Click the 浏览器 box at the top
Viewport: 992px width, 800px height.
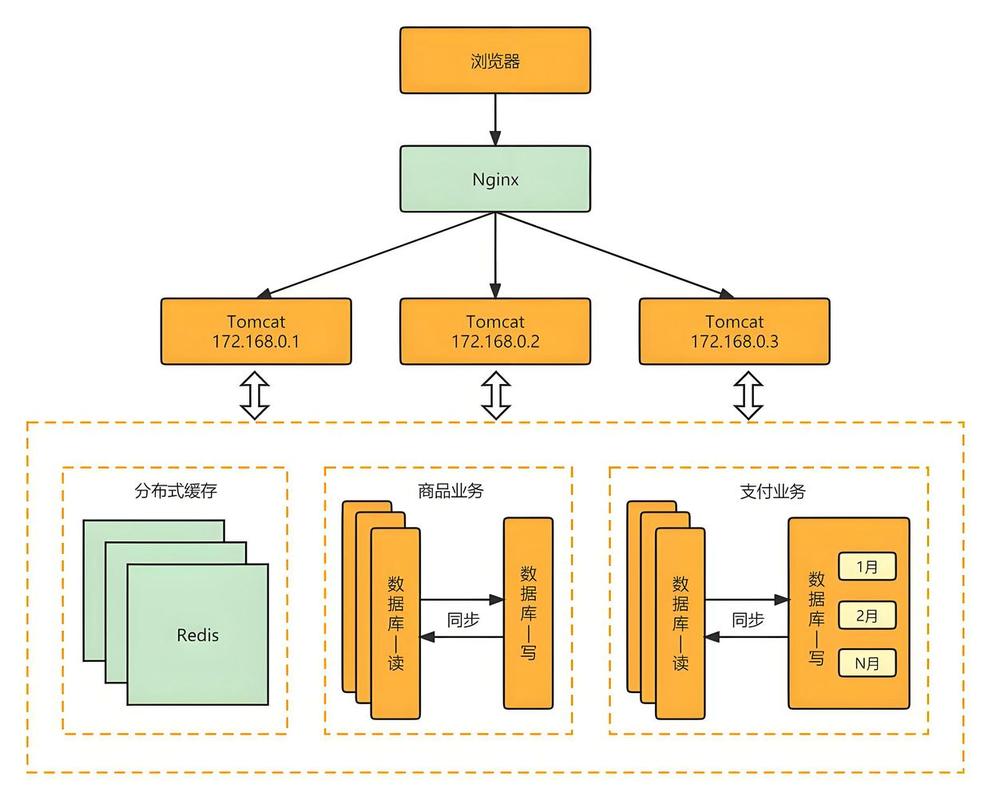(x=495, y=61)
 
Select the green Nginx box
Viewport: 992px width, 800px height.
(x=495, y=180)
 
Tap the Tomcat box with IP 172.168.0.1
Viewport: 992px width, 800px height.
(x=256, y=331)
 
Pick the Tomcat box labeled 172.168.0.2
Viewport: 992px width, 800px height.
(x=495, y=331)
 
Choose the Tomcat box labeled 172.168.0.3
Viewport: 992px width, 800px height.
(x=734, y=331)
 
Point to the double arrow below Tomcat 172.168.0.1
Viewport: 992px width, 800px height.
(x=256, y=395)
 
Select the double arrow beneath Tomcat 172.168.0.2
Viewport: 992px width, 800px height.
(x=495, y=395)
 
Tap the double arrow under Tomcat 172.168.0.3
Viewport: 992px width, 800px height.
(x=746, y=395)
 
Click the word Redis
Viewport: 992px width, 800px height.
(x=197, y=634)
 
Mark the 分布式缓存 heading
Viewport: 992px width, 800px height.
(x=175, y=491)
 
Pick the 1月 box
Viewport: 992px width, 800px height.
(x=866, y=567)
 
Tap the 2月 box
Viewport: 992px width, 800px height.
(x=866, y=615)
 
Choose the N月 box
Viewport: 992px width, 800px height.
(x=866, y=662)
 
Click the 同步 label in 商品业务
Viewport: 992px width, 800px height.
(x=462, y=619)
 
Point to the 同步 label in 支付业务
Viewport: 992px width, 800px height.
(x=747, y=619)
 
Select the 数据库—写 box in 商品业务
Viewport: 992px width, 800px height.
(x=527, y=611)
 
